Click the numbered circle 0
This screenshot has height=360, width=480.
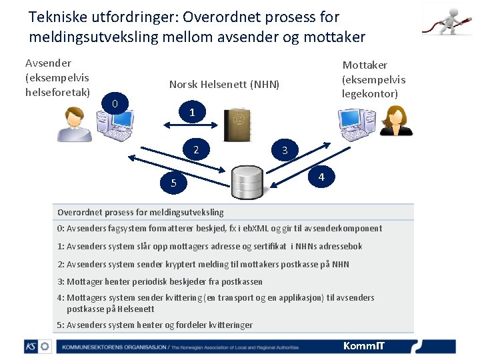click(115, 103)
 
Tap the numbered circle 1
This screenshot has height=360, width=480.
click(192, 113)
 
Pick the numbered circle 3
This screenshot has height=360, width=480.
click(285, 151)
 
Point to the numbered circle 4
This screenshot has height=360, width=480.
click(321, 177)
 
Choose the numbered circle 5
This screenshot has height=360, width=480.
click(173, 183)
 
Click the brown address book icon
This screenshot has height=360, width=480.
click(237, 126)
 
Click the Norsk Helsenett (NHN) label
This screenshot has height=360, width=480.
click(224, 85)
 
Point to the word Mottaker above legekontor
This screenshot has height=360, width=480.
click(365, 65)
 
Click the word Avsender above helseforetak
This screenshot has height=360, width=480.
click(48, 63)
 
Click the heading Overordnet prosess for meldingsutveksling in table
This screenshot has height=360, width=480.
click(141, 213)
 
